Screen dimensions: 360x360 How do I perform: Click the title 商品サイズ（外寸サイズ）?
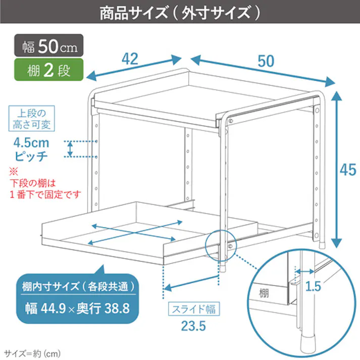pos(180,13)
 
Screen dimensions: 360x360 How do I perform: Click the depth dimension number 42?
pos(130,59)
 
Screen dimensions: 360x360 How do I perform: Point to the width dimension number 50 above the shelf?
pos(266,61)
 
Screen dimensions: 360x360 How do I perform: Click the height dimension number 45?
pos(348,170)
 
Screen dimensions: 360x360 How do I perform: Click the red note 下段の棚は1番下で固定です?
pos(45,188)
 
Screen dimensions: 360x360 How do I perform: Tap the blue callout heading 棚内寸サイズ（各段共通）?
pos(78,287)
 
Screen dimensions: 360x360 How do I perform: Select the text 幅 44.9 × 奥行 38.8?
pos(78,307)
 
